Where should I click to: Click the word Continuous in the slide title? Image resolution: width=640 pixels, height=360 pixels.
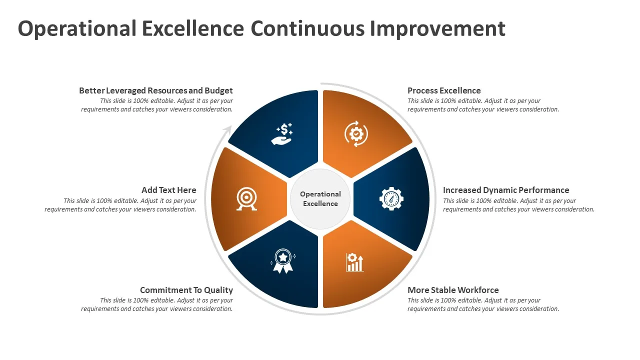307,28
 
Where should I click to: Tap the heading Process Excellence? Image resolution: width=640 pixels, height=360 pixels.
444,90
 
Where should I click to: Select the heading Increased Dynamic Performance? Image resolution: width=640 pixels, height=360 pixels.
506,190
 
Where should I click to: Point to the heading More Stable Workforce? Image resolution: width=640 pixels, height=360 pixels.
453,290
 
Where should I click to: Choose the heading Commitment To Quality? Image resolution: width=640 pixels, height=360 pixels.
186,290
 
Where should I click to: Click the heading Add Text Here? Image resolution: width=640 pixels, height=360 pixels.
169,190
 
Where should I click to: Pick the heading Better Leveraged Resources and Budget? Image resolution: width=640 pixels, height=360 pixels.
156,91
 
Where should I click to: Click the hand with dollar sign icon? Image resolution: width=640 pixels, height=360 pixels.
282,133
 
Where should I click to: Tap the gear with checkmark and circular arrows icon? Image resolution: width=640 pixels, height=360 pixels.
356,133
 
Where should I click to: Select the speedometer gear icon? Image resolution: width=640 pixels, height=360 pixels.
391,199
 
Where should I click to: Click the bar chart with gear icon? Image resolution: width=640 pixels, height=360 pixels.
354,262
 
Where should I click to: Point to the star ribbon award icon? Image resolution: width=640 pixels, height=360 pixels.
283,261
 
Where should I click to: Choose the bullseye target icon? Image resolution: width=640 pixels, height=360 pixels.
246,199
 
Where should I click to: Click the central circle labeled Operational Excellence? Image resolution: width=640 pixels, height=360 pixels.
320,199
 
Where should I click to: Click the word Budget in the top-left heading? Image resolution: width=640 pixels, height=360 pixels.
218,91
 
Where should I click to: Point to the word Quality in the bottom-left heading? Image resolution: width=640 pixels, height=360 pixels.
218,290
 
